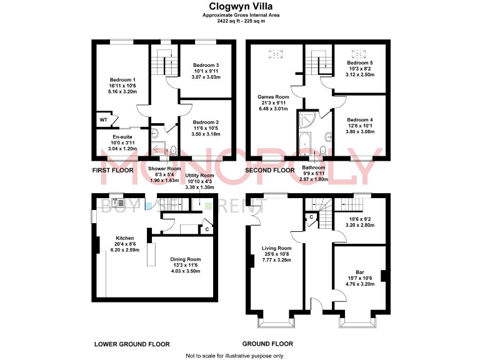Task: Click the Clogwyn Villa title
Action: tap(239, 7)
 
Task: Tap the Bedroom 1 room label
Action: tap(122, 79)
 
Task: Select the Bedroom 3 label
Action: tap(206, 65)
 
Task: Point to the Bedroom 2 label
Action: tap(206, 122)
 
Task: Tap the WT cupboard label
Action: tap(103, 119)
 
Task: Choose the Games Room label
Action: tap(272, 97)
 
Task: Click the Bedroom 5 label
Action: tap(359, 62)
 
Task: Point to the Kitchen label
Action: tap(126, 238)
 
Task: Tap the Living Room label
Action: tap(276, 248)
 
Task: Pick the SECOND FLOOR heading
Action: tap(270, 170)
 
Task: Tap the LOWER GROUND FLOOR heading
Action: tap(132, 344)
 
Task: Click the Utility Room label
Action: tap(199, 176)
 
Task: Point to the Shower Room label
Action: tap(164, 168)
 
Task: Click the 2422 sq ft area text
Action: tap(239, 21)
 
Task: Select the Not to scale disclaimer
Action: tap(234, 355)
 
